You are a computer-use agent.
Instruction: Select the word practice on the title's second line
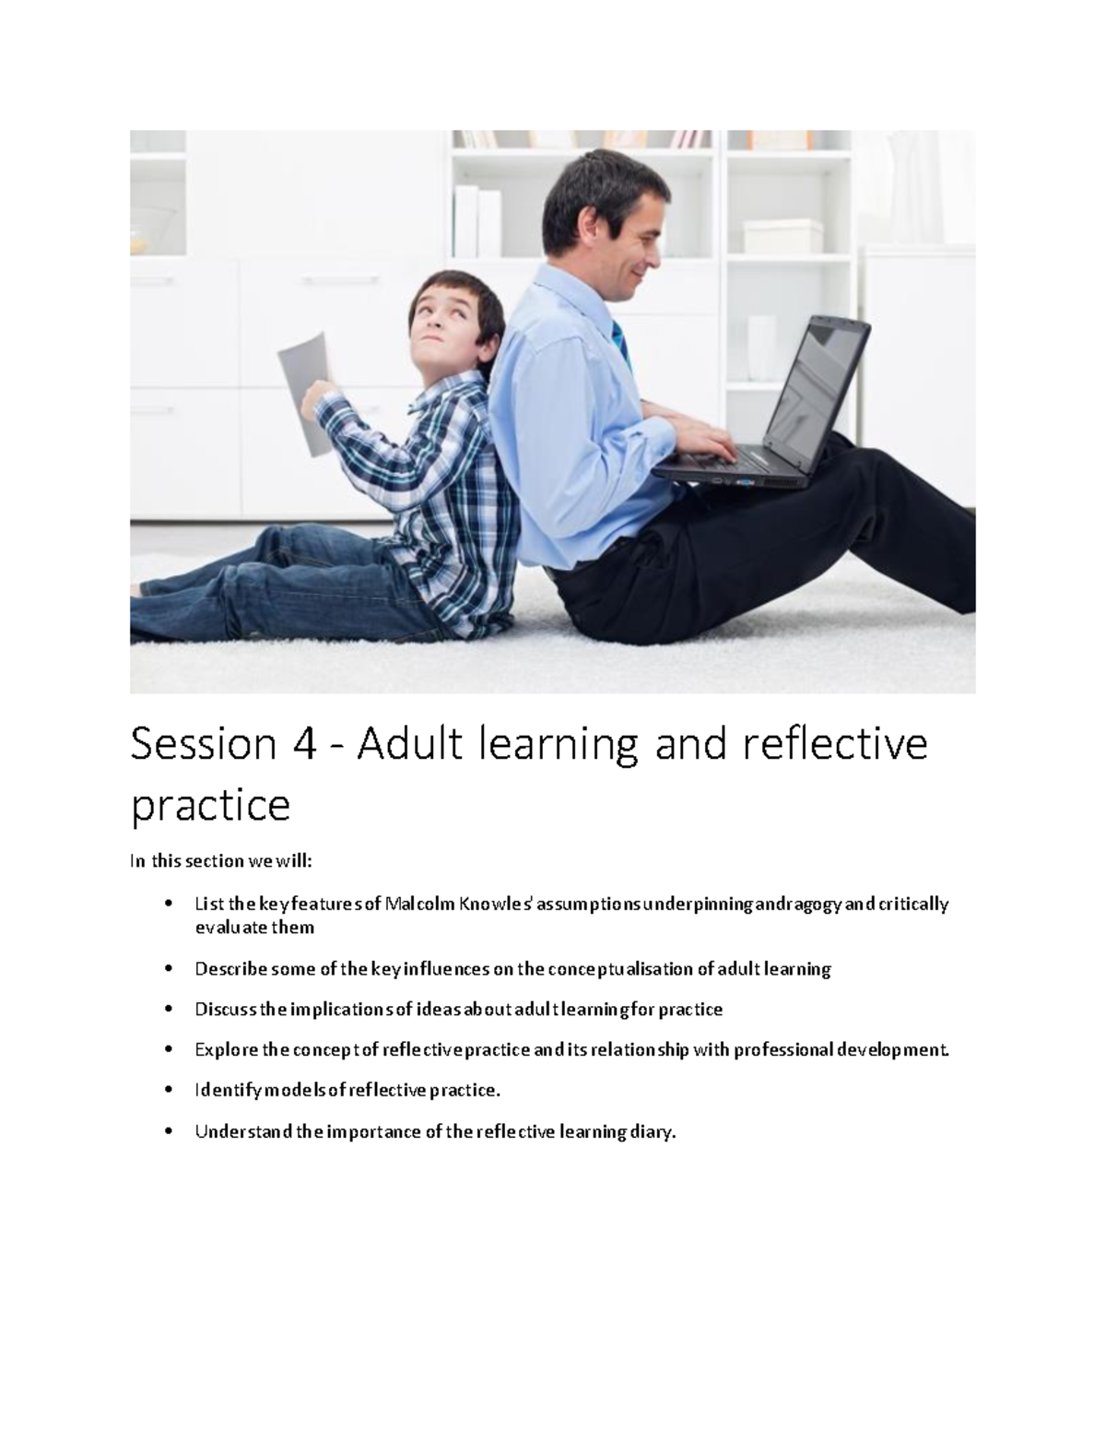click(210, 806)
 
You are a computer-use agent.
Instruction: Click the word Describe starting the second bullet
click(230, 968)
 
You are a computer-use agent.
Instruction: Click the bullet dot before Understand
click(167, 1131)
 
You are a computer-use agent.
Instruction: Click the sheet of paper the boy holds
click(304, 387)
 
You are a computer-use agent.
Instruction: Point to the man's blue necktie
click(622, 339)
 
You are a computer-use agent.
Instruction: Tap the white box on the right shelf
click(782, 236)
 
